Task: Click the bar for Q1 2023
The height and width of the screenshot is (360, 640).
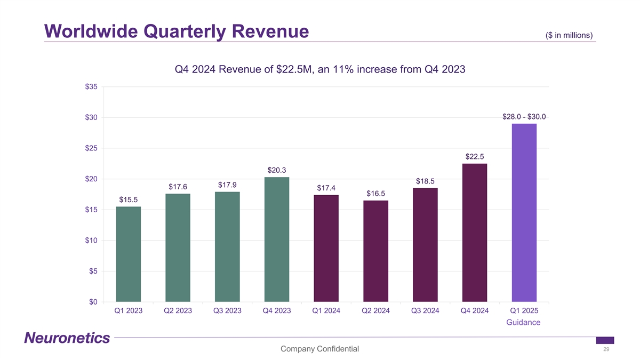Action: [129, 254]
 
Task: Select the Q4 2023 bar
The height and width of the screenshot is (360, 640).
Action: [276, 239]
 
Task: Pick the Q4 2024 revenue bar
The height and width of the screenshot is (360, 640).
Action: [474, 233]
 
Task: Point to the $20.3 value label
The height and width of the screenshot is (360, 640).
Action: [277, 170]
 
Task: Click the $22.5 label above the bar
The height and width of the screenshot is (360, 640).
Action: [475, 156]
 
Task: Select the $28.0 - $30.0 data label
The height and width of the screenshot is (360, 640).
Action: [524, 117]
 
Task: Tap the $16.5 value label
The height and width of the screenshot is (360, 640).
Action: [376, 193]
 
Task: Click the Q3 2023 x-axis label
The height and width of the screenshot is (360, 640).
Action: [228, 311]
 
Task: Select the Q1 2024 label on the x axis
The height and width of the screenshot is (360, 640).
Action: [326, 311]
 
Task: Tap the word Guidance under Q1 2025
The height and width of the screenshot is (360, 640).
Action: [523, 323]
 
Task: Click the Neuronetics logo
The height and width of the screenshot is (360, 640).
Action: [67, 338]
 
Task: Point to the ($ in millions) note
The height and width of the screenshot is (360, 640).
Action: [570, 35]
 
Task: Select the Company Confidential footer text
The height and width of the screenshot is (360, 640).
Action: [319, 349]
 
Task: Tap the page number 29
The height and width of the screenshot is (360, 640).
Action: [606, 349]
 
